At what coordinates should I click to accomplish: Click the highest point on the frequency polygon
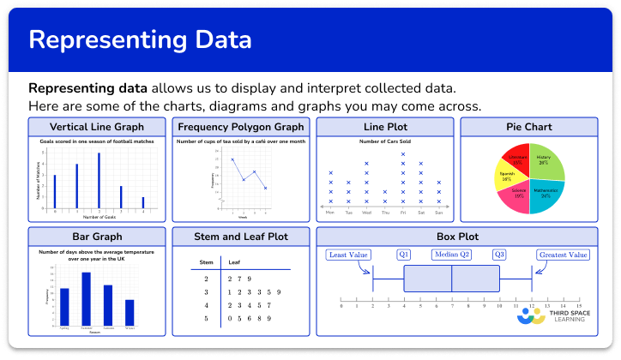[x=232, y=159]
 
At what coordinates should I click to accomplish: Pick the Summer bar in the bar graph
[x=87, y=298]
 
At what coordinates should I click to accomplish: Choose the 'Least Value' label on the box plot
[x=348, y=255]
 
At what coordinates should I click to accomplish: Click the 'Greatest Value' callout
[x=563, y=255]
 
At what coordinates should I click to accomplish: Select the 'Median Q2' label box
[x=452, y=255]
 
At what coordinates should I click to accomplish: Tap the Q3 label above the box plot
[x=498, y=255]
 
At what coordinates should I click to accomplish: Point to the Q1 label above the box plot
[x=404, y=255]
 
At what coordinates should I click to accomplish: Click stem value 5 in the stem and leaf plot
[x=206, y=318]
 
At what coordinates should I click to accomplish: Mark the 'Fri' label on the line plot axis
[x=403, y=212]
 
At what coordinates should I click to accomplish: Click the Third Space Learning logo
[x=554, y=314]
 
